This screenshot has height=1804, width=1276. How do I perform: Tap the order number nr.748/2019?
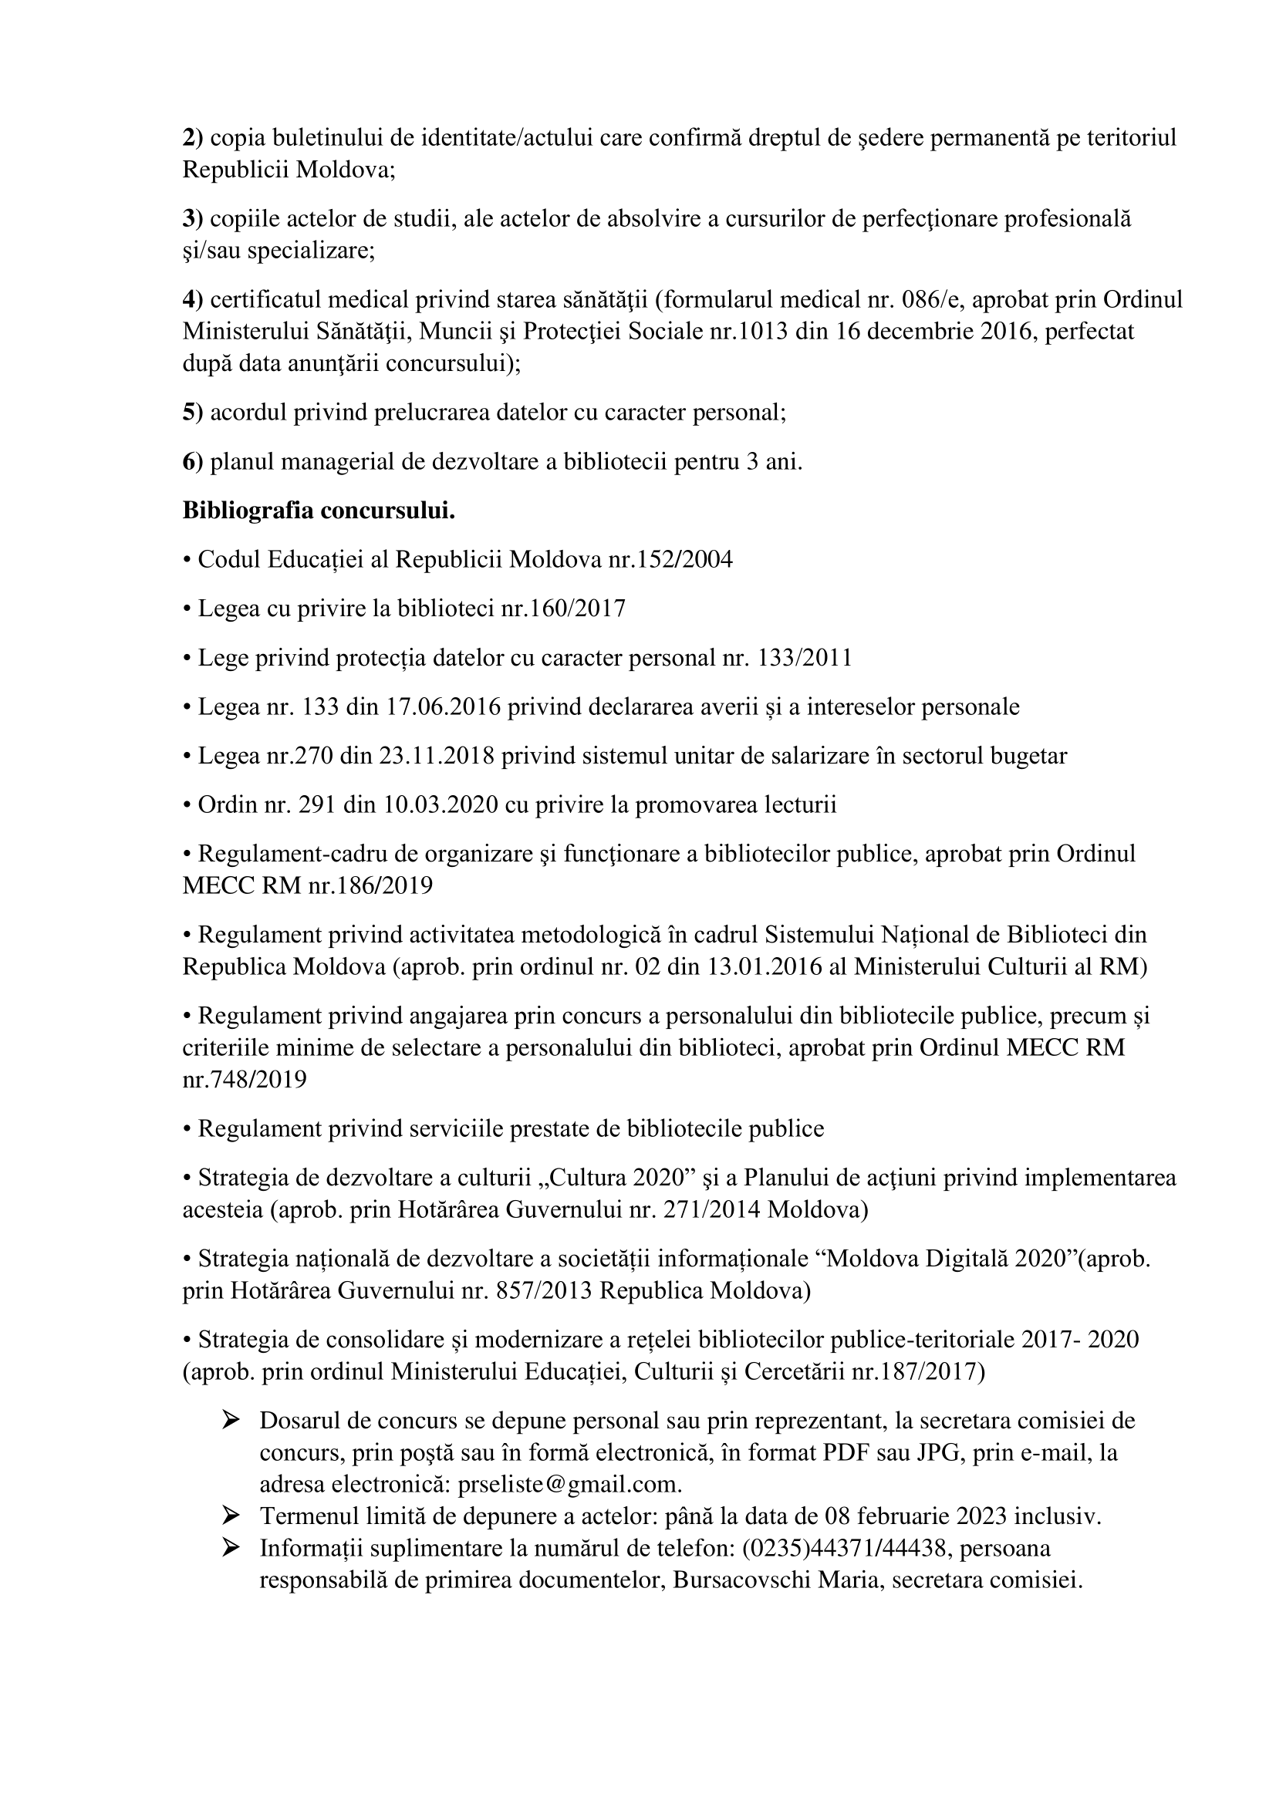[245, 1080]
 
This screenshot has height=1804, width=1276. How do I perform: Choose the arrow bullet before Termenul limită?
[231, 1514]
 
